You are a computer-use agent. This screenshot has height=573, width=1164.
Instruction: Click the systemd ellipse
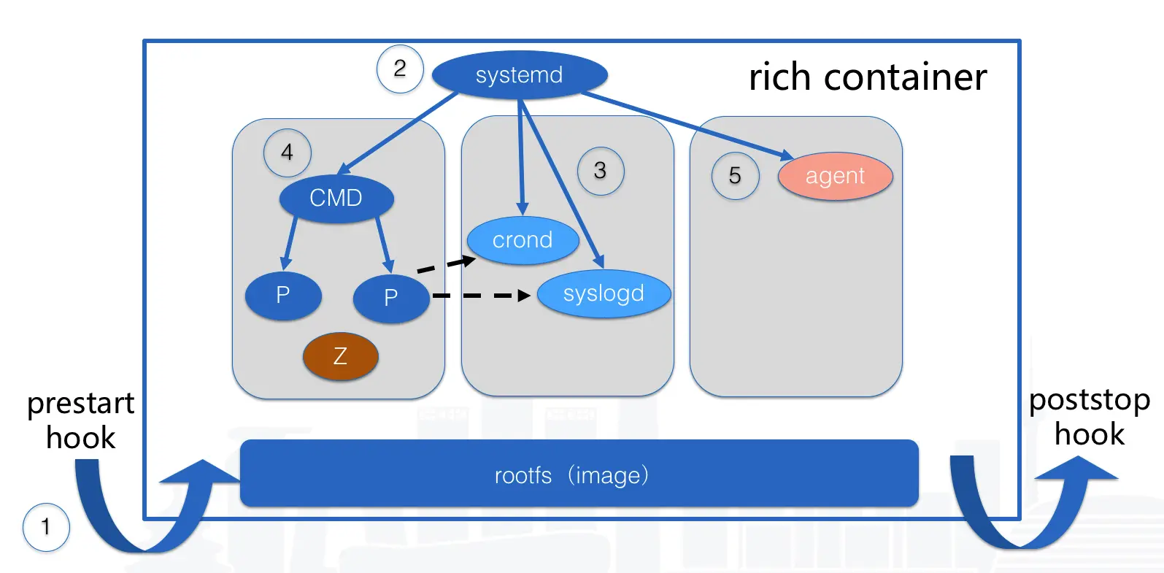pyautogui.click(x=520, y=75)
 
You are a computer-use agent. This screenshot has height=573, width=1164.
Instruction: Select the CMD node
pyautogui.click(x=336, y=198)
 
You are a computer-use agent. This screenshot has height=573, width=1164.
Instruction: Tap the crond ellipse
pyautogui.click(x=523, y=240)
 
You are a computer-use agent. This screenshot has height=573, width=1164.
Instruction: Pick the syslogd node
pyautogui.click(x=604, y=293)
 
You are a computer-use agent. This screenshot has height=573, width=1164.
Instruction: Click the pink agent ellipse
pyautogui.click(x=835, y=176)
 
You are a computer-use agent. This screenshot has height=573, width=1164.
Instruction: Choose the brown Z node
pyautogui.click(x=340, y=356)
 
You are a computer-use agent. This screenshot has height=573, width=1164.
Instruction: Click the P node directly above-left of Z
pyautogui.click(x=283, y=296)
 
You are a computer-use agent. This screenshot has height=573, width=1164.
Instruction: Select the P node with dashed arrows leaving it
pyautogui.click(x=391, y=299)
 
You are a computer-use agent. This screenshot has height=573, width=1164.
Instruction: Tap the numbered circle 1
pyautogui.click(x=46, y=527)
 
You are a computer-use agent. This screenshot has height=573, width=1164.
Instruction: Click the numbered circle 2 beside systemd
pyautogui.click(x=400, y=69)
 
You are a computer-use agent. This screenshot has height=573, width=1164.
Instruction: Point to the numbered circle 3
pyautogui.click(x=601, y=171)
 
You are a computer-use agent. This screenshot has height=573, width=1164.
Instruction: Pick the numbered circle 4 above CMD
pyautogui.click(x=288, y=153)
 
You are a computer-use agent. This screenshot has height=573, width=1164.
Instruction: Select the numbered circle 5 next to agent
pyautogui.click(x=736, y=176)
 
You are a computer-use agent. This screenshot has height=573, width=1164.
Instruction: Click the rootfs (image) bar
pyautogui.click(x=579, y=473)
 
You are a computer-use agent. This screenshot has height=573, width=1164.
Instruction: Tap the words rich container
pyautogui.click(x=868, y=77)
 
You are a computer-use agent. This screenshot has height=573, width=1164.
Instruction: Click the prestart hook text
pyautogui.click(x=81, y=420)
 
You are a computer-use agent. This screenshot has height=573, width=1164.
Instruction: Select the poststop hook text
pyautogui.click(x=1090, y=417)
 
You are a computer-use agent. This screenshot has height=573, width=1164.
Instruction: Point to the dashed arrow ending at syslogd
pyautogui.click(x=482, y=296)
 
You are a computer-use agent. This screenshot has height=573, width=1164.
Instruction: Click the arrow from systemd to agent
pyautogui.click(x=687, y=126)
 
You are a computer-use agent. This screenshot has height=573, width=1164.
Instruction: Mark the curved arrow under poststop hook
pyautogui.click(x=1031, y=502)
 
